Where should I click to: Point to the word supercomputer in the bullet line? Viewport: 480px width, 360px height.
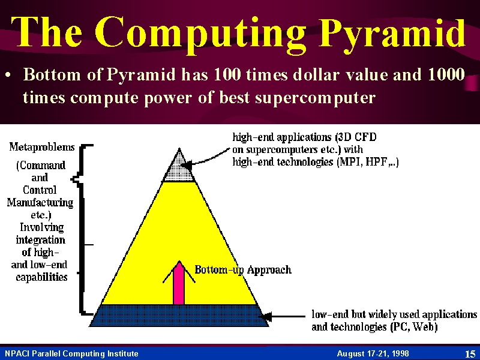[x=316, y=98]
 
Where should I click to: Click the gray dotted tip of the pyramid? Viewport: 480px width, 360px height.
[x=179, y=169]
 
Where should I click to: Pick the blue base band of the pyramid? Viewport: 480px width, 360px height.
[x=179, y=316]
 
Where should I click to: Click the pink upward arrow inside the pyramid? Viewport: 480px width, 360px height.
[x=179, y=283]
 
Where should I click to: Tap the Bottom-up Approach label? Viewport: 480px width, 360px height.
[x=243, y=269]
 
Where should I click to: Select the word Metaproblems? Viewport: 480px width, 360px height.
[x=42, y=147]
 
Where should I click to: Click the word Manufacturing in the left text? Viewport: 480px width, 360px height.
[x=40, y=202]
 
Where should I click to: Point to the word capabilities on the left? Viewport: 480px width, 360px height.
[x=41, y=277]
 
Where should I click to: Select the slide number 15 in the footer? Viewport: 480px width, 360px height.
[x=470, y=354]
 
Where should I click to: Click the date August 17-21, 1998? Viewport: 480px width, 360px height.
[x=373, y=354]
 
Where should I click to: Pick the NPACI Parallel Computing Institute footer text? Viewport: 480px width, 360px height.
[x=71, y=354]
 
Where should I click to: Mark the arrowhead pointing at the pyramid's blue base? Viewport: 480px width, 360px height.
[x=267, y=317]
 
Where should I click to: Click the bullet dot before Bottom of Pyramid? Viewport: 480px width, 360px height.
[x=10, y=74]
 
